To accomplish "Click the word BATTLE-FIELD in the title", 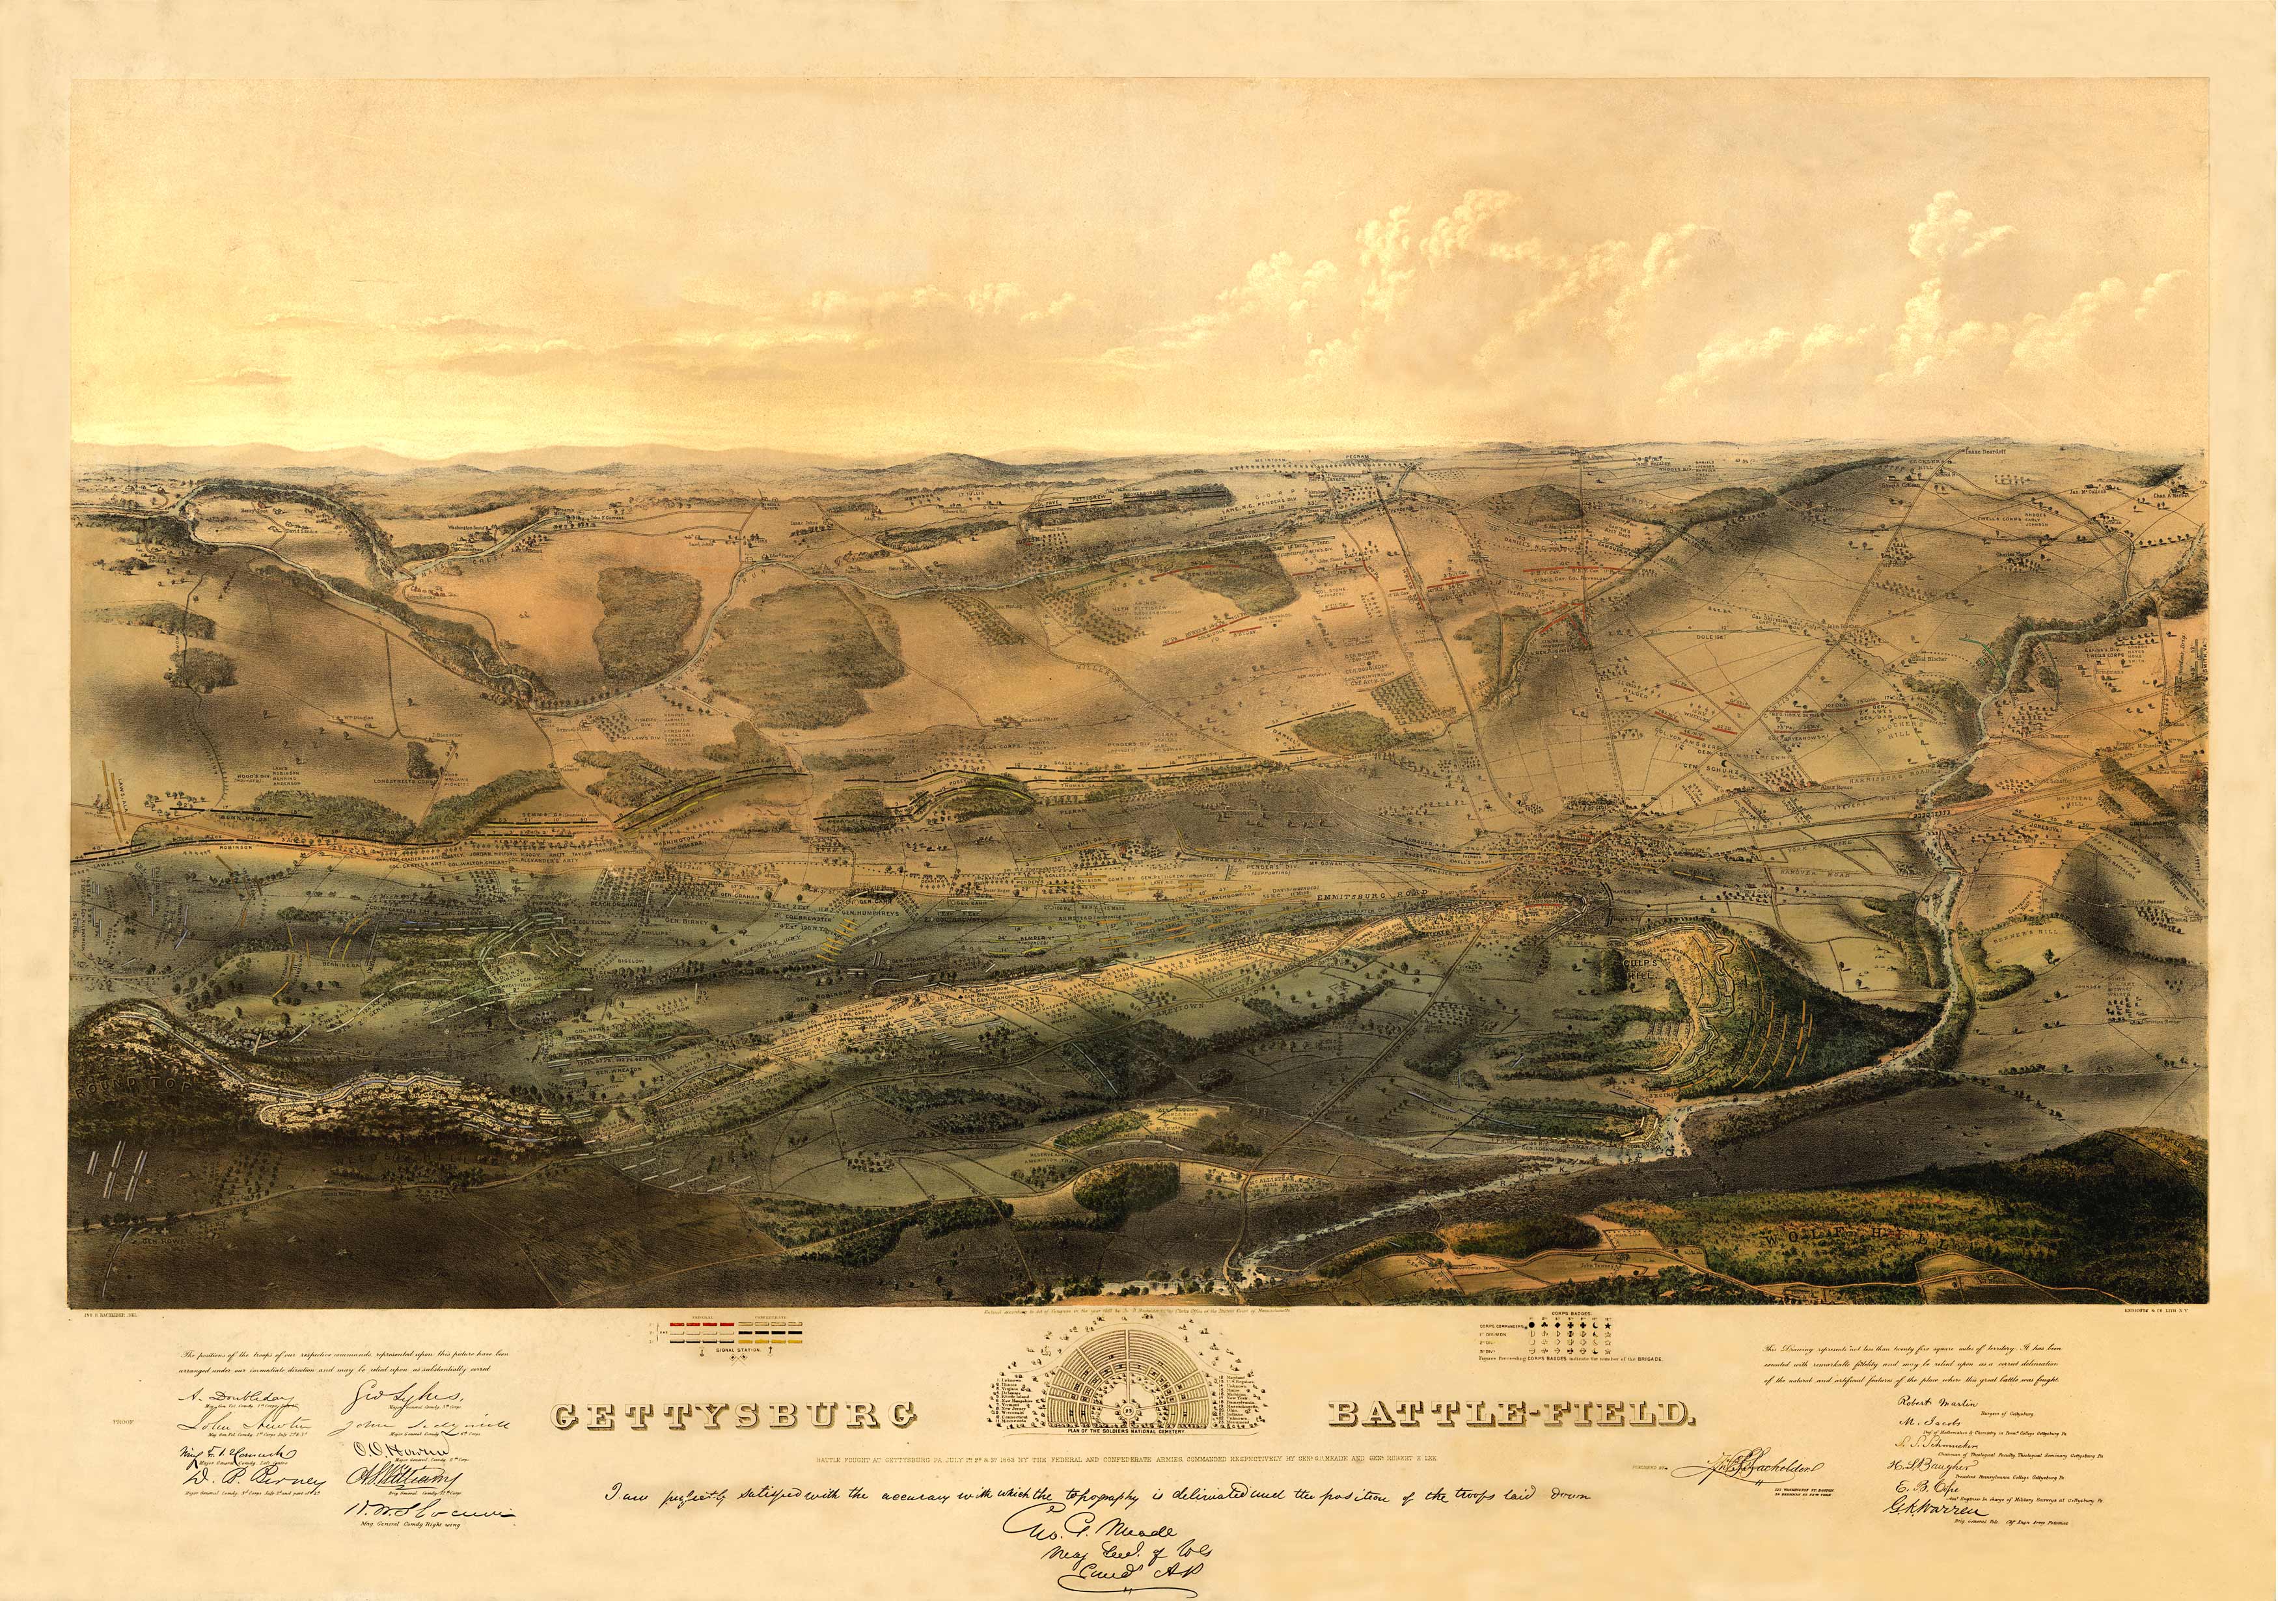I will [1508, 1412].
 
